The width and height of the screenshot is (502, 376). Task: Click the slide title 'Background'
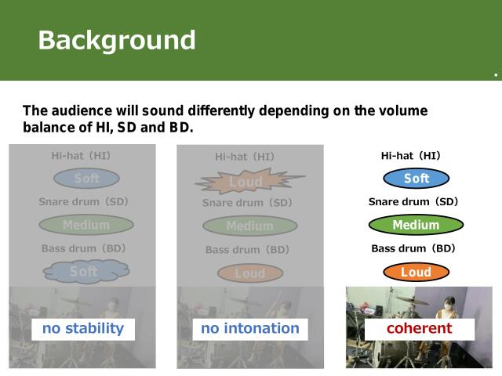click(117, 40)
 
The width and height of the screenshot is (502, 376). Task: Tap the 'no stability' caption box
click(82, 328)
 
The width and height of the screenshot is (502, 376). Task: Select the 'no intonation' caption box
click(249, 328)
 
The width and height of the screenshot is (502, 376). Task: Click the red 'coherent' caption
click(419, 328)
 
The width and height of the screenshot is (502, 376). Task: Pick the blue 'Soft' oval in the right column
click(417, 179)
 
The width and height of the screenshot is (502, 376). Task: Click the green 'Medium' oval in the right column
click(416, 226)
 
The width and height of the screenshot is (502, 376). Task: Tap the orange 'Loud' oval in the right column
click(417, 273)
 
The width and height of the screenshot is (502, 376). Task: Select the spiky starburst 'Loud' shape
click(246, 183)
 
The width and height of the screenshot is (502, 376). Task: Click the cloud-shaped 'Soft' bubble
click(84, 272)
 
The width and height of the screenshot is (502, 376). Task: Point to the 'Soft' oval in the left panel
click(86, 179)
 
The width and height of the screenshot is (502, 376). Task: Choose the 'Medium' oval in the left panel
click(86, 226)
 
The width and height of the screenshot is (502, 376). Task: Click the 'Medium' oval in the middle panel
click(249, 226)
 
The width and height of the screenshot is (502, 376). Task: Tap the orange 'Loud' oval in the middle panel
click(249, 273)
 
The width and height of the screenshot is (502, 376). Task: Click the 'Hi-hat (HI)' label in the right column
click(410, 156)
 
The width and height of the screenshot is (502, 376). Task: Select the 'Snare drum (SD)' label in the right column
click(413, 202)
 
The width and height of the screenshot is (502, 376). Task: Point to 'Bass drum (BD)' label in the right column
click(413, 248)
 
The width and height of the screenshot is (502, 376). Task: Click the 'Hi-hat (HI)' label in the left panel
click(81, 156)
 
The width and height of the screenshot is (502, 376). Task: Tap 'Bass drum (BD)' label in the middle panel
click(247, 250)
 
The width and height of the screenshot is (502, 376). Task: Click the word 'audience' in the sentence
click(86, 111)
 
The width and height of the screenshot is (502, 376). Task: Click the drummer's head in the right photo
click(449, 300)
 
